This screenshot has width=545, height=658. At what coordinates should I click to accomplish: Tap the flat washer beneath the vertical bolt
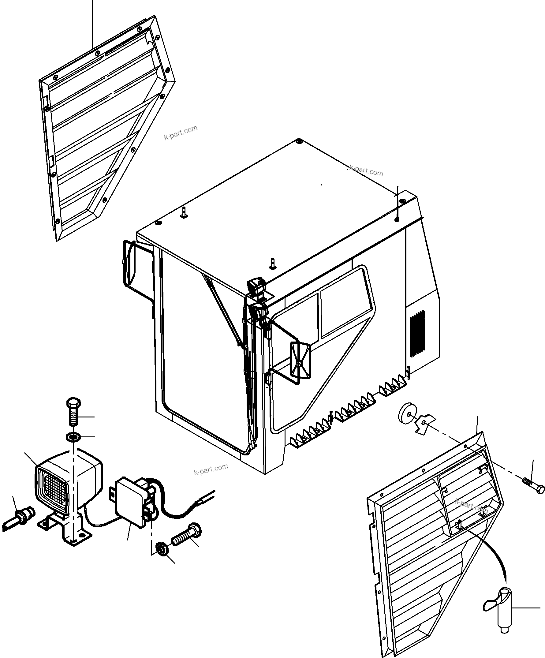click(x=73, y=436)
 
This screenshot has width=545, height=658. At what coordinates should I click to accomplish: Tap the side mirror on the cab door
click(x=300, y=360)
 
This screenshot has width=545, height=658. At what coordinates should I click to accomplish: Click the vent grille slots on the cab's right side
click(x=417, y=334)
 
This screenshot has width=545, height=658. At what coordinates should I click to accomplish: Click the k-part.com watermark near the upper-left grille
click(x=181, y=132)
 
